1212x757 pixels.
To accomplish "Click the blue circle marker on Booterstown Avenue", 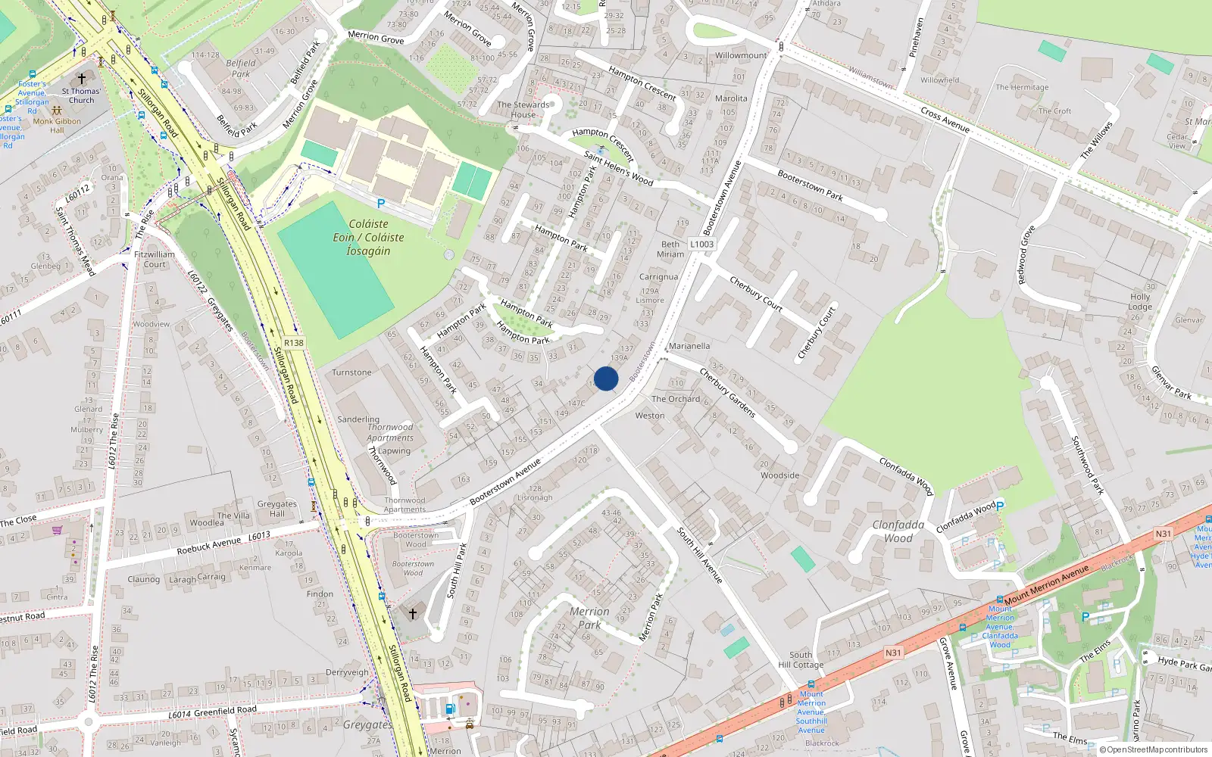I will [606, 378].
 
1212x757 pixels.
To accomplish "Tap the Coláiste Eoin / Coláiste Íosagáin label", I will [368, 238].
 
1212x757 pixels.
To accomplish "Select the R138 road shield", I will [294, 343].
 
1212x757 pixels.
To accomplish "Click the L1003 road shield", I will [701, 244].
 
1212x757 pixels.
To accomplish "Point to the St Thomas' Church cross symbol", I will [82, 78].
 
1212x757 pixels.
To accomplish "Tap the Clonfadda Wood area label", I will [898, 531].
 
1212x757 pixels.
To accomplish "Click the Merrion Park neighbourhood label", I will [589, 618].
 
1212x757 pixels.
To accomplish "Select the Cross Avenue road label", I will [945, 120].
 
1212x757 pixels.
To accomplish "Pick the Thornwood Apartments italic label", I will [390, 432].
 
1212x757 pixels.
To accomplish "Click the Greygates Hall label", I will [277, 509].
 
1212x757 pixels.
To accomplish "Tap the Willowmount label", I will [741, 55].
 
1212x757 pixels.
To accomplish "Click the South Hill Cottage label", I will [801, 660].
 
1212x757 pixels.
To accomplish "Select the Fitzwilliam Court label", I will [155, 260].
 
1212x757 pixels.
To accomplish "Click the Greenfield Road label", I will [225, 712].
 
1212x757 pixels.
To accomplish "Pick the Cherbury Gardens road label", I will [727, 392].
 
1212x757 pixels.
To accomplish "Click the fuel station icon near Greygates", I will [450, 709].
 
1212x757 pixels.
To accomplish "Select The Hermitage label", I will [1022, 87].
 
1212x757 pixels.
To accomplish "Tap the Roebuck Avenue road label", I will [208, 545].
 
